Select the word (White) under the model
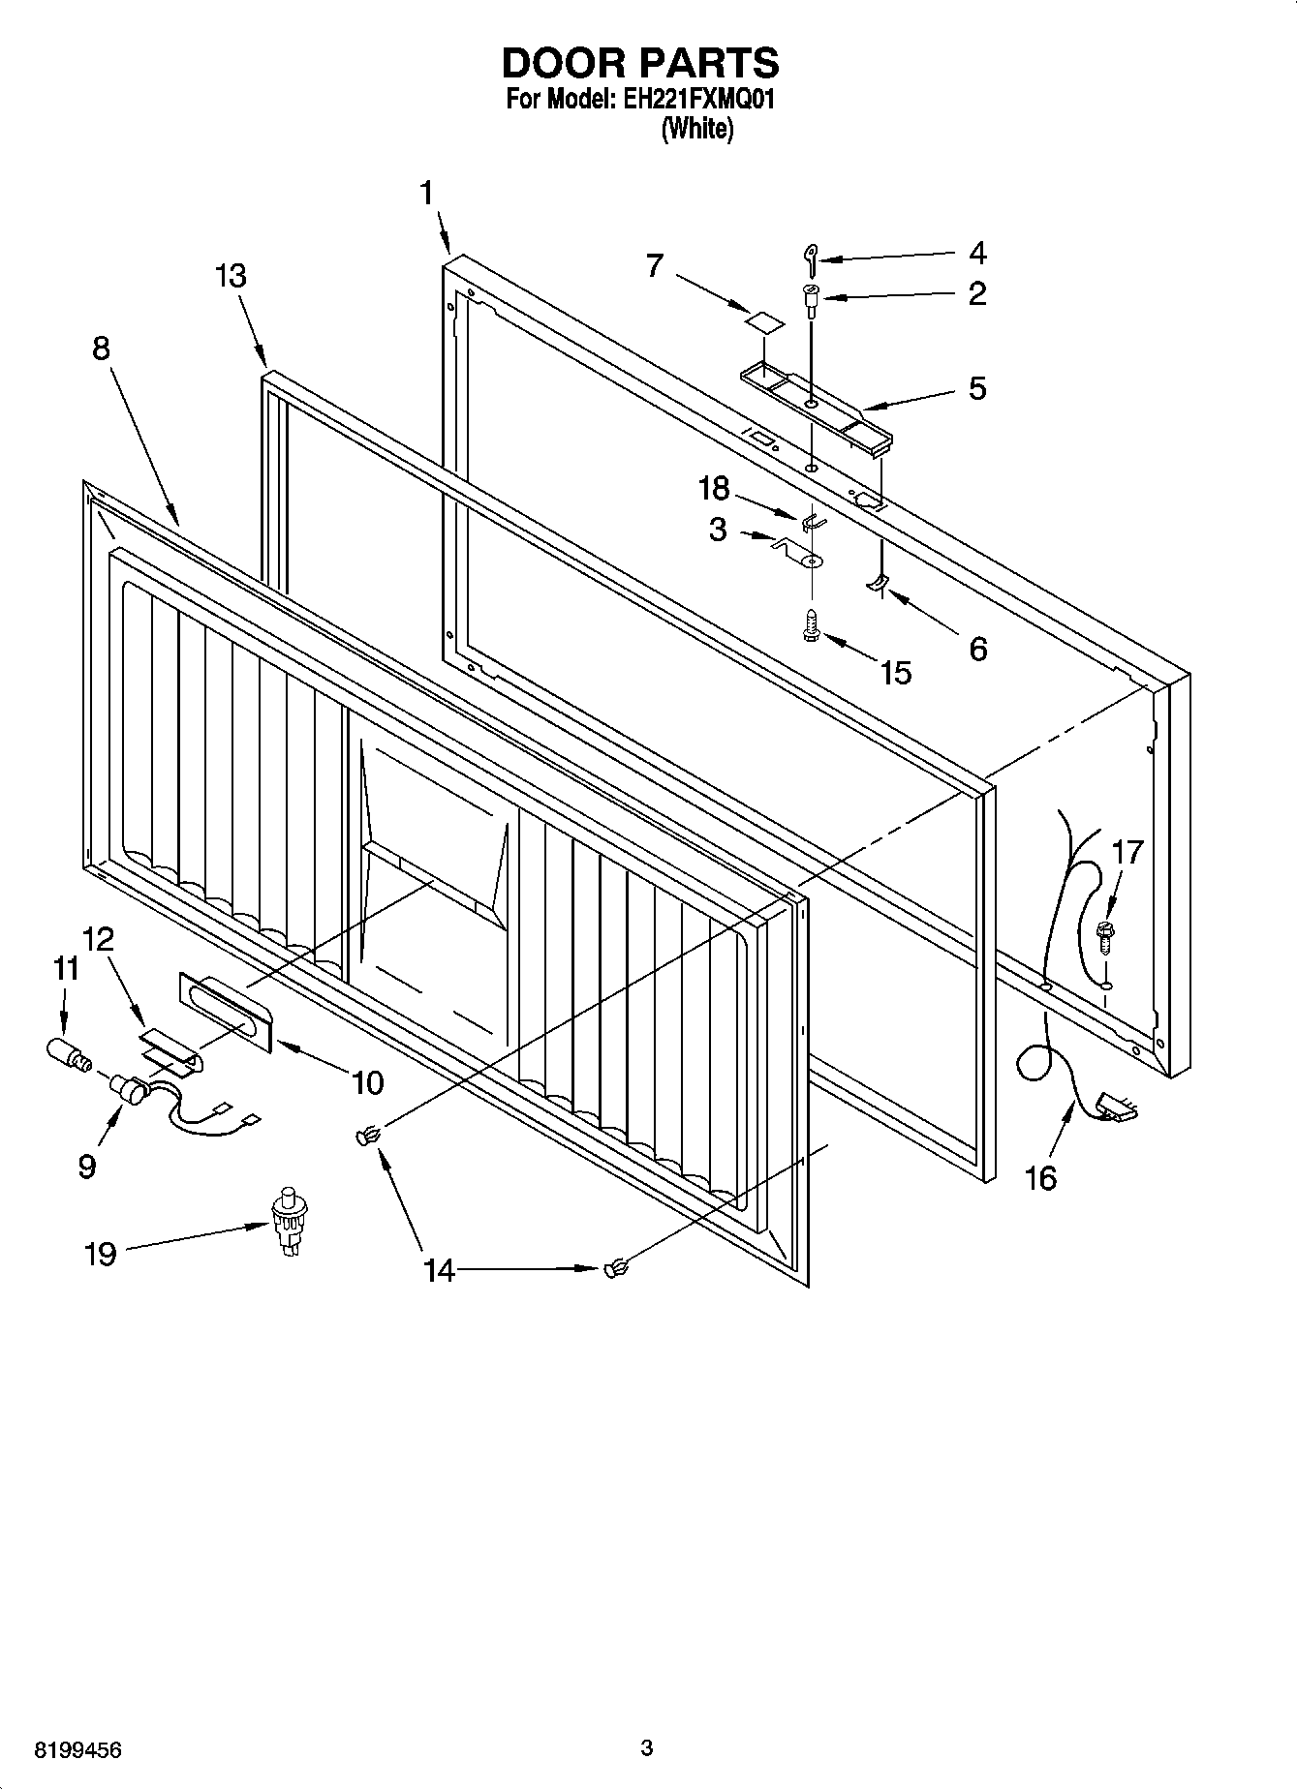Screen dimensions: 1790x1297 tap(696, 129)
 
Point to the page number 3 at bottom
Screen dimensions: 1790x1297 tap(647, 1747)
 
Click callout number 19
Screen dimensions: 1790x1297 tap(101, 1254)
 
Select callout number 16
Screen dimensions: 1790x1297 tap(1041, 1178)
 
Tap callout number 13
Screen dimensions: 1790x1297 tap(231, 276)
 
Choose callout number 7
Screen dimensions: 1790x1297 tap(656, 264)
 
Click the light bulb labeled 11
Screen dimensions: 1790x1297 tap(67, 1053)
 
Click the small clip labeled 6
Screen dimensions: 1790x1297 tap(877, 583)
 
